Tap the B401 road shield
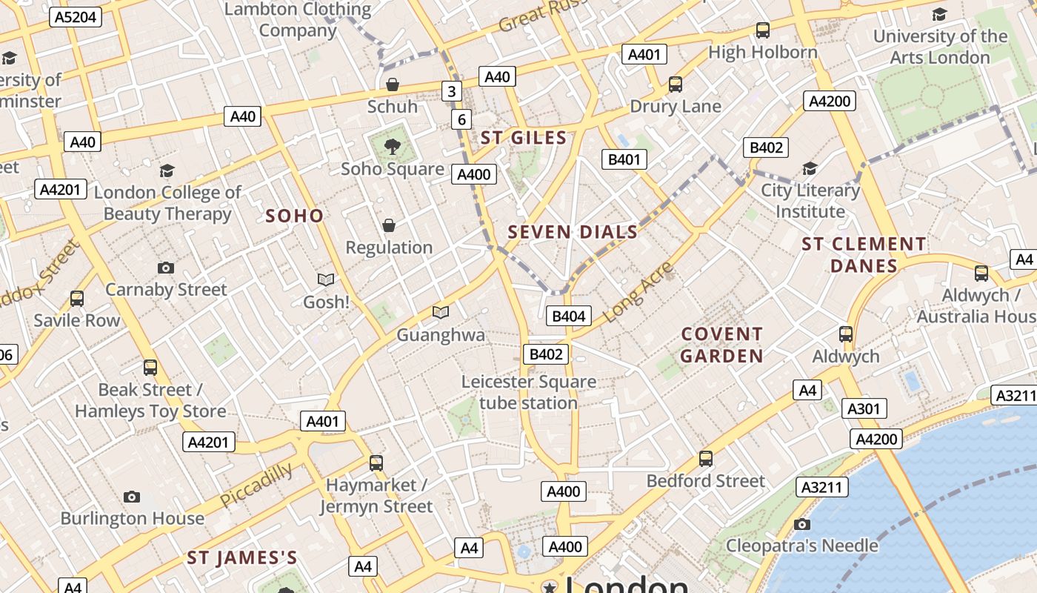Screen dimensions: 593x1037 point(624,159)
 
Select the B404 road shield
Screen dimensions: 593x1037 point(569,317)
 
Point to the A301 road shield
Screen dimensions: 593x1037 point(863,408)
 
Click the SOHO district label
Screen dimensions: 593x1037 point(295,216)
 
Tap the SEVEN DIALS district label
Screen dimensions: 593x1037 point(573,232)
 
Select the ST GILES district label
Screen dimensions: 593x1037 point(524,137)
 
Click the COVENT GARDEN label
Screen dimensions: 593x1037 point(721,345)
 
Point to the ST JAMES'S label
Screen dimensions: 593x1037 point(242,557)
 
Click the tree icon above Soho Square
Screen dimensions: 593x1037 point(393,146)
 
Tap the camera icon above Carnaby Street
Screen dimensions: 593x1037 point(166,268)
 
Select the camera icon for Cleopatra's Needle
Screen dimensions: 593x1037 point(801,525)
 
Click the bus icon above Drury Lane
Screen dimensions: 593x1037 point(676,85)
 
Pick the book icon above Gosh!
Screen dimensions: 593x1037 point(326,280)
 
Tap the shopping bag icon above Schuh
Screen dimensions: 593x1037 point(393,85)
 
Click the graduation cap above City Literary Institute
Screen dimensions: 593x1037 point(810,169)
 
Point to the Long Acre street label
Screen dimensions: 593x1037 point(638,291)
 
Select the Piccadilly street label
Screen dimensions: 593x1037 point(256,486)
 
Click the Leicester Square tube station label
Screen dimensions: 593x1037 point(528,392)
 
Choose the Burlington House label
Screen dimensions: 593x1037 point(132,518)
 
